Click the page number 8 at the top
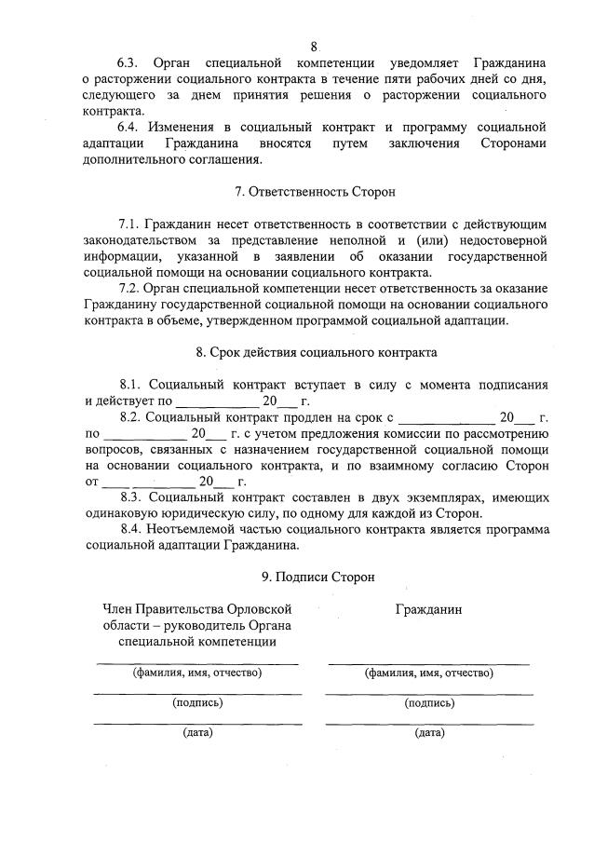coord(314,47)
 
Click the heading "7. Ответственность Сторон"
coord(315,192)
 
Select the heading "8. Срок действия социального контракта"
coord(315,353)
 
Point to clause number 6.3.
coord(129,63)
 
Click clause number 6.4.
coord(129,127)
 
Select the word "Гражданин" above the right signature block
coord(429,609)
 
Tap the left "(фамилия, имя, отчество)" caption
coord(196,672)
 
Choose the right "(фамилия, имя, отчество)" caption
coord(429,672)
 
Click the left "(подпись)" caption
coord(197,703)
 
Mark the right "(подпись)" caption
coord(429,703)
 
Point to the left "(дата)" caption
coord(197,733)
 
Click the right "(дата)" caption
coord(429,733)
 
